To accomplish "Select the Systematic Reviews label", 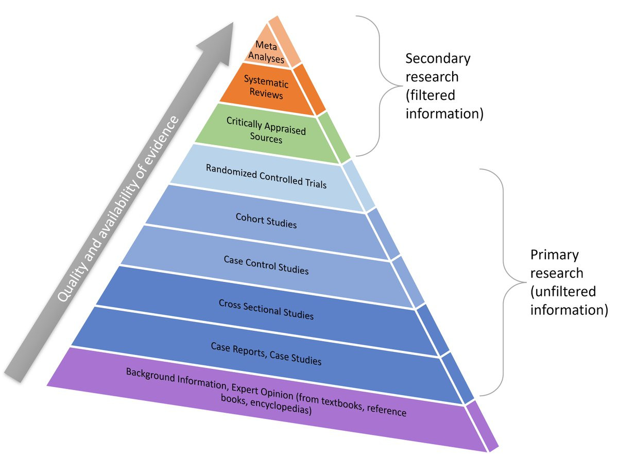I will pos(266,88).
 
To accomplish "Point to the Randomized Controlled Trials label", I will pos(266,176).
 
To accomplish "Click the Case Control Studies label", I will pos(266,265).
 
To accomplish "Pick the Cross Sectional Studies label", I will pos(266,309).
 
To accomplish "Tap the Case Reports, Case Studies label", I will pos(266,353).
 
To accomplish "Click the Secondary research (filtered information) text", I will pos(444,86).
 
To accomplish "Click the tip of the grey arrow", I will pos(234,23).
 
